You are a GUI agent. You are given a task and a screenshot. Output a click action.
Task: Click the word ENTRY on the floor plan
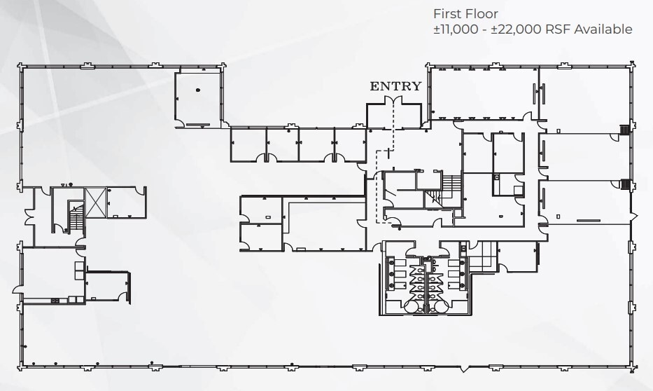395,86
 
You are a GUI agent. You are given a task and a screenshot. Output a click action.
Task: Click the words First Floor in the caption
465,13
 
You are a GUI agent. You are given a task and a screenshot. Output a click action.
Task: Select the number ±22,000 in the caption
513,29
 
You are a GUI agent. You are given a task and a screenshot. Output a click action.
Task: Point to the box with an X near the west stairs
94,198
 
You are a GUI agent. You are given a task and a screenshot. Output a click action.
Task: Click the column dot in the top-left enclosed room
197,90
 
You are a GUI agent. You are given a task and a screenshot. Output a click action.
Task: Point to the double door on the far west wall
29,214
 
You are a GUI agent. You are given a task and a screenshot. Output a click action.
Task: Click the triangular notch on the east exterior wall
634,214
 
